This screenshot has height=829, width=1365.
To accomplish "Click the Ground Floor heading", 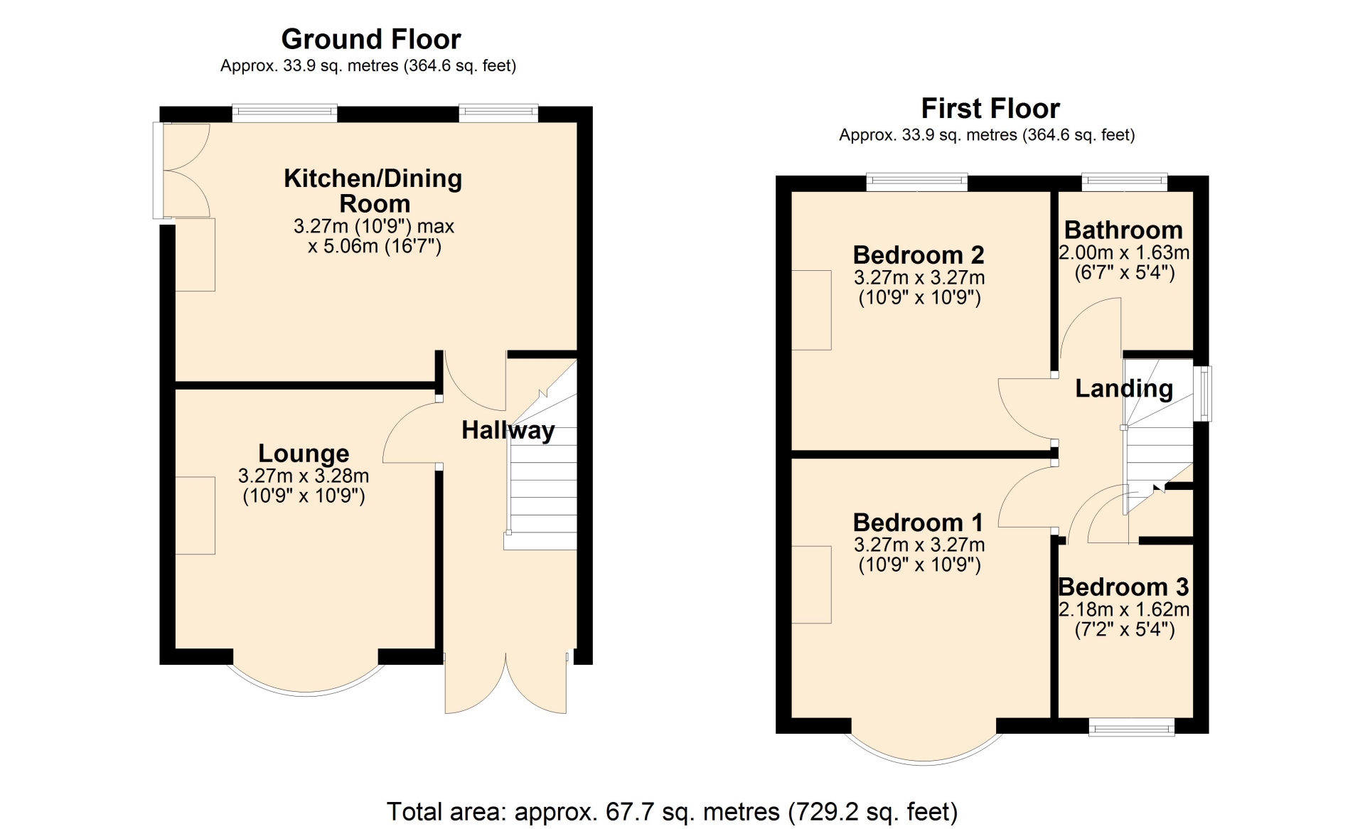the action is tap(371, 39).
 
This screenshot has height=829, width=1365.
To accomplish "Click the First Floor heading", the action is tap(990, 109).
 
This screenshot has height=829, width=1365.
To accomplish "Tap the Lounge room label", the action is tap(304, 453).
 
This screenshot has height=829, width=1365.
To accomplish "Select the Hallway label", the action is tap(508, 430).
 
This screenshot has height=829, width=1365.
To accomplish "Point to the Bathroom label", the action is tap(1123, 230).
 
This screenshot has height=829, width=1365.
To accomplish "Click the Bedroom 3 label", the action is tap(1123, 587).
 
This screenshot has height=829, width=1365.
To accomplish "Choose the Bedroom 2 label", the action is tap(919, 255).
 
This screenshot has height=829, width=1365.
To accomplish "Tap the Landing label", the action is tap(1124, 388).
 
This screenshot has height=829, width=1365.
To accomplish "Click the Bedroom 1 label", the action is tap(919, 523).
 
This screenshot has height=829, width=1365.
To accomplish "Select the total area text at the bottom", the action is tap(672, 811).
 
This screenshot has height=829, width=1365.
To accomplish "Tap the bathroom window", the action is tap(1125, 182).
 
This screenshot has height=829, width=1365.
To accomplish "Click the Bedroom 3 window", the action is tap(1132, 727).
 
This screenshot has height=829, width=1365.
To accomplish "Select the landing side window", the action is tap(1203, 394).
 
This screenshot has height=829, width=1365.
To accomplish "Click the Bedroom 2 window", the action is tap(917, 182).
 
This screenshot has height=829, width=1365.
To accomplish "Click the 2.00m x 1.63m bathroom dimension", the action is tap(1124, 252).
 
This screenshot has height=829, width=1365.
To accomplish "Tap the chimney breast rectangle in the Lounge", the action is tap(195, 515).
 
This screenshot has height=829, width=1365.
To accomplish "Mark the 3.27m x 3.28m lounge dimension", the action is tap(304, 476).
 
